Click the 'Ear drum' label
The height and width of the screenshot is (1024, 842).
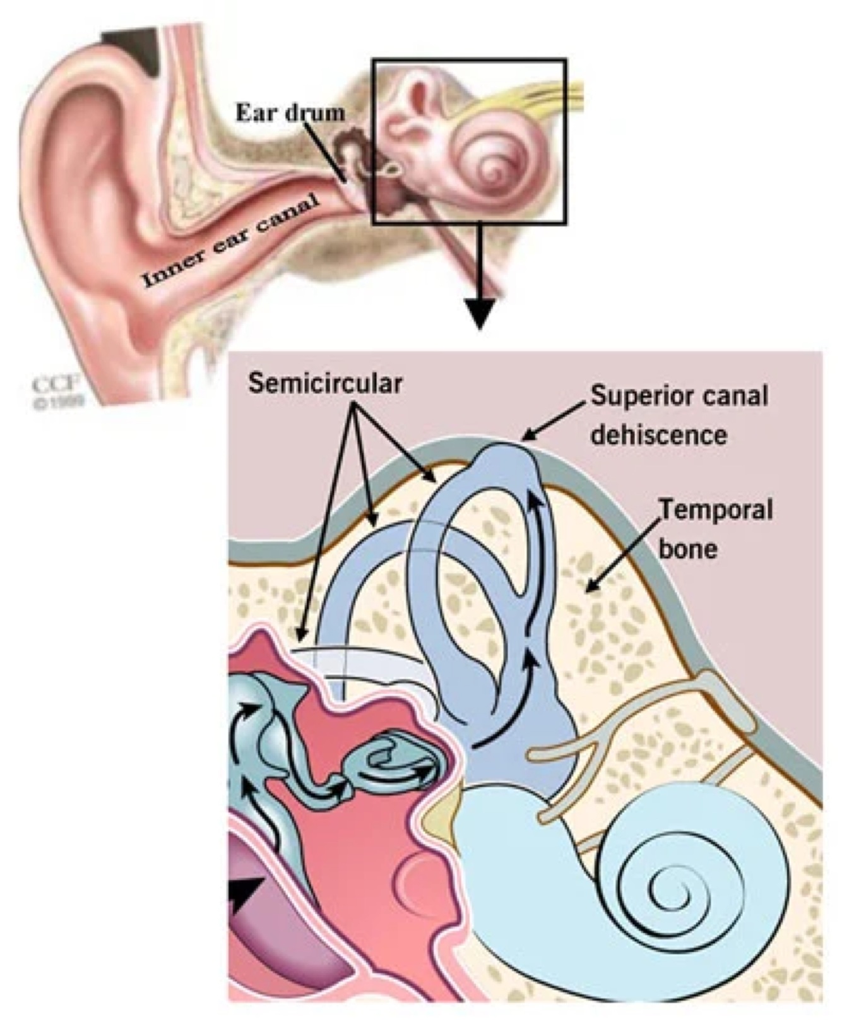pyautogui.click(x=290, y=112)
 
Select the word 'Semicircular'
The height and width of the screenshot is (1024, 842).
pyautogui.click(x=324, y=383)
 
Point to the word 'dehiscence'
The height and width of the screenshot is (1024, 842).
pyautogui.click(x=658, y=434)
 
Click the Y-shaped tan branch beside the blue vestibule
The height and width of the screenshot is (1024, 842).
pyautogui.click(x=587, y=751)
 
